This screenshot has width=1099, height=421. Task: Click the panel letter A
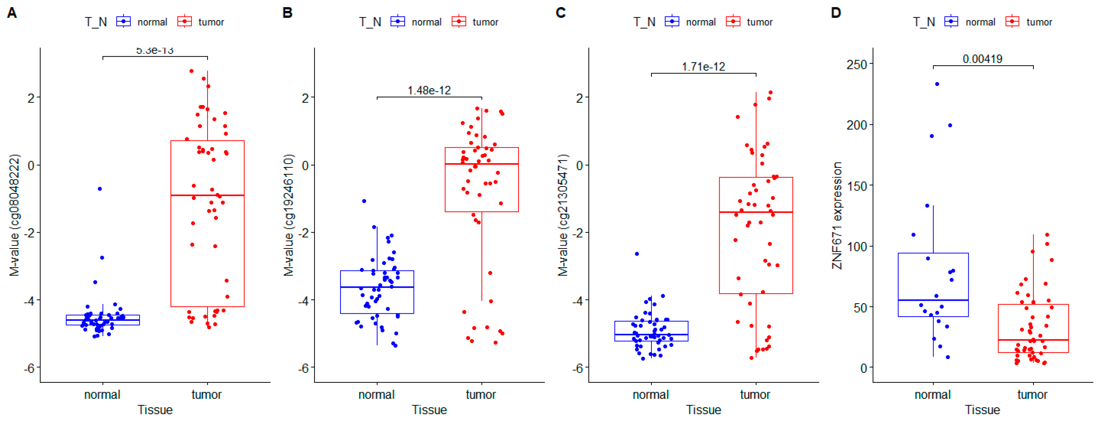(x=12, y=13)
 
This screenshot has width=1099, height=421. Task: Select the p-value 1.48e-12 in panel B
(x=429, y=90)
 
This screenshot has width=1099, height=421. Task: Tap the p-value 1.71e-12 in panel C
(x=703, y=67)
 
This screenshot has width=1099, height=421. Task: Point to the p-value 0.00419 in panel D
(x=982, y=59)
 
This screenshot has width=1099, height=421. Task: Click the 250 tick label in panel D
(x=856, y=65)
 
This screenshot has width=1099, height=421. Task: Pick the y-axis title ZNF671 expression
(x=837, y=215)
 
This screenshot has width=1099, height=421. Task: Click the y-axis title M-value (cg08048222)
(x=14, y=215)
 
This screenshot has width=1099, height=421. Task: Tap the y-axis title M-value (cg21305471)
(x=563, y=215)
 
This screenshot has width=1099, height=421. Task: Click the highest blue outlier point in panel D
(x=937, y=84)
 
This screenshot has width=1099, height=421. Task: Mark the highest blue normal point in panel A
(x=99, y=189)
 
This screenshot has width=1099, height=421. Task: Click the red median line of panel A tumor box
(x=207, y=195)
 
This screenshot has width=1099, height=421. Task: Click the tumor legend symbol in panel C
(x=733, y=21)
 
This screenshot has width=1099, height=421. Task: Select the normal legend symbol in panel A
(x=123, y=21)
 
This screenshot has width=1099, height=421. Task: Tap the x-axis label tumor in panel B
(x=481, y=395)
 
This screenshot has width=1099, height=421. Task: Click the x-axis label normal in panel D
(x=933, y=395)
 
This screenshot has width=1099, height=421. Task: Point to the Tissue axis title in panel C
(x=703, y=410)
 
